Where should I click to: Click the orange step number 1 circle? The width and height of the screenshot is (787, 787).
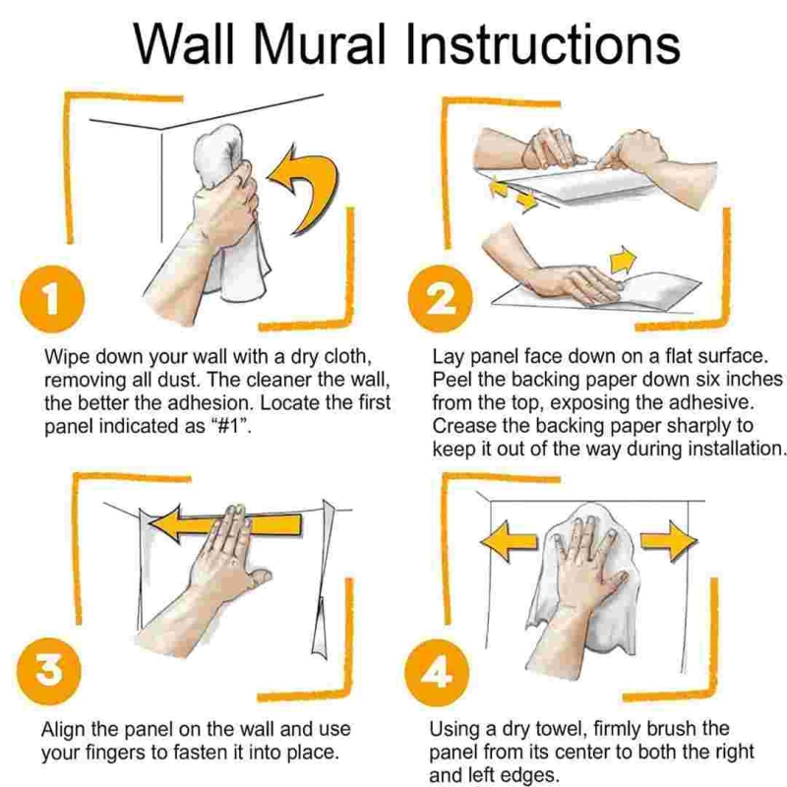point(52,299)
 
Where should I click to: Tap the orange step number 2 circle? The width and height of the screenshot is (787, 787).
point(440,299)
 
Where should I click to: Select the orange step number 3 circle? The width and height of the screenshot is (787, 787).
point(48,671)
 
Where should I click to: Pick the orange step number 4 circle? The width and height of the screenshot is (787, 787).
point(437,673)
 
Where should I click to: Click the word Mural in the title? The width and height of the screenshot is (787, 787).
point(320,43)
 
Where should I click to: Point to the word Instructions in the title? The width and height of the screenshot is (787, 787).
point(543,43)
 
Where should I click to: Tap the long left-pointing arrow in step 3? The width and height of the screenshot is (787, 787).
point(225,523)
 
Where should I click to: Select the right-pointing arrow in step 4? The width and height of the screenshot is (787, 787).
point(669,541)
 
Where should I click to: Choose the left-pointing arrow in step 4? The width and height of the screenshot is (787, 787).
point(509,542)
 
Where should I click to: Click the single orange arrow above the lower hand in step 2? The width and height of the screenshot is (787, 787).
point(623,260)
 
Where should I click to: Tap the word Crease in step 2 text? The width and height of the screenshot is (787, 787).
point(462,426)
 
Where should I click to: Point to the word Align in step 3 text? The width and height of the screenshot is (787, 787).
point(61,730)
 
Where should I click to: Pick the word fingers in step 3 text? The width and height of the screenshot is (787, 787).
point(126,753)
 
